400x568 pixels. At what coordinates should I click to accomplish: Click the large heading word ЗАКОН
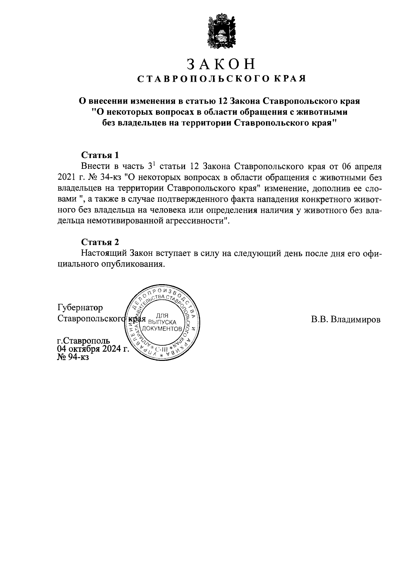[221, 64]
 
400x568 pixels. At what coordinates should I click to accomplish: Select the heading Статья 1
[100, 155]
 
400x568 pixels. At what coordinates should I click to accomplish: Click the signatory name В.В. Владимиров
[346, 320]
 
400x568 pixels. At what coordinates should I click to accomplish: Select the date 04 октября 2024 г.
[93, 349]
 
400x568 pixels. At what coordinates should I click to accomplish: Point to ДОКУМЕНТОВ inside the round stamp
[162, 329]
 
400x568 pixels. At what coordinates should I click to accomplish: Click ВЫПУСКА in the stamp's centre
[162, 322]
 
